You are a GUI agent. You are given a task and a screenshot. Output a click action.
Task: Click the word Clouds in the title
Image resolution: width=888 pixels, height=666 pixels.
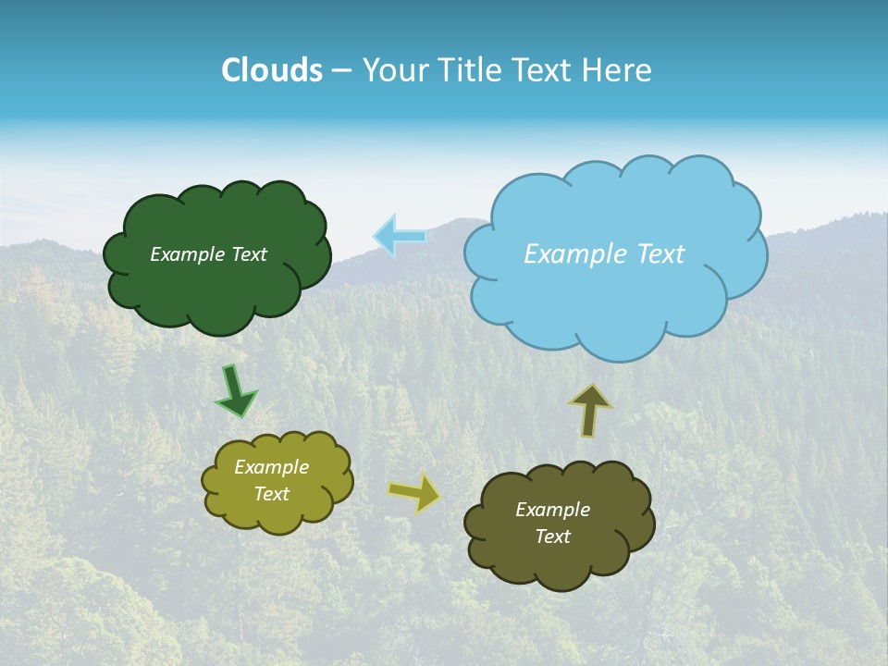(271, 70)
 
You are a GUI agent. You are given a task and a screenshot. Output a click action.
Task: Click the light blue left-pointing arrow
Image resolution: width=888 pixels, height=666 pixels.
(400, 236)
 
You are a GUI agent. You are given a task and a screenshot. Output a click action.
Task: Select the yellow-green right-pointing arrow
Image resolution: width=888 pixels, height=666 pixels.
(415, 491)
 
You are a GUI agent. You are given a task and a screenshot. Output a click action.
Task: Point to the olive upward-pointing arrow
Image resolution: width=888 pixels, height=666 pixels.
(590, 410)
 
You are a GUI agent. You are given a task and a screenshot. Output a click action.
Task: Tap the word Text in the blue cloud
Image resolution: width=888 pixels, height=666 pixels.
(655, 254)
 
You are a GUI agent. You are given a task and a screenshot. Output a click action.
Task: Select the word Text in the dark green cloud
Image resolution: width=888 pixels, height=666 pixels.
(248, 254)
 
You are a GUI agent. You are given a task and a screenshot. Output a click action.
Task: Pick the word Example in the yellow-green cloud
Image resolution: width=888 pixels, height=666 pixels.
(272, 468)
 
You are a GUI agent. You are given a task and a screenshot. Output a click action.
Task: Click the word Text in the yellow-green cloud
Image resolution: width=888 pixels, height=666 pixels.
(272, 494)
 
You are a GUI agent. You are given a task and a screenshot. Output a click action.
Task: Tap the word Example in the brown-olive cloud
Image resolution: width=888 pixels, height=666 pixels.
(552, 510)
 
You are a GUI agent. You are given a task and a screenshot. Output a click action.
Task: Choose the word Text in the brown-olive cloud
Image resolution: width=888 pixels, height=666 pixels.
(552, 536)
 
